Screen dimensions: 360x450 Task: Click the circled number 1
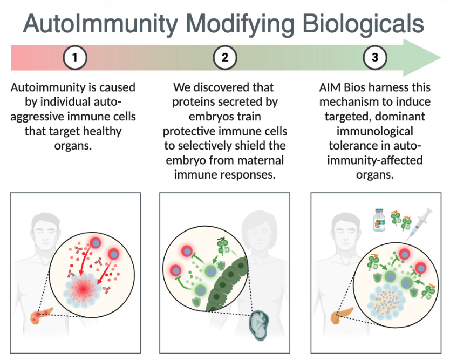click(75, 58)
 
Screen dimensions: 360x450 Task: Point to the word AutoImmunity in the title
click(100, 23)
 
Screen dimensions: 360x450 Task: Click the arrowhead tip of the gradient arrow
click(439, 58)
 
